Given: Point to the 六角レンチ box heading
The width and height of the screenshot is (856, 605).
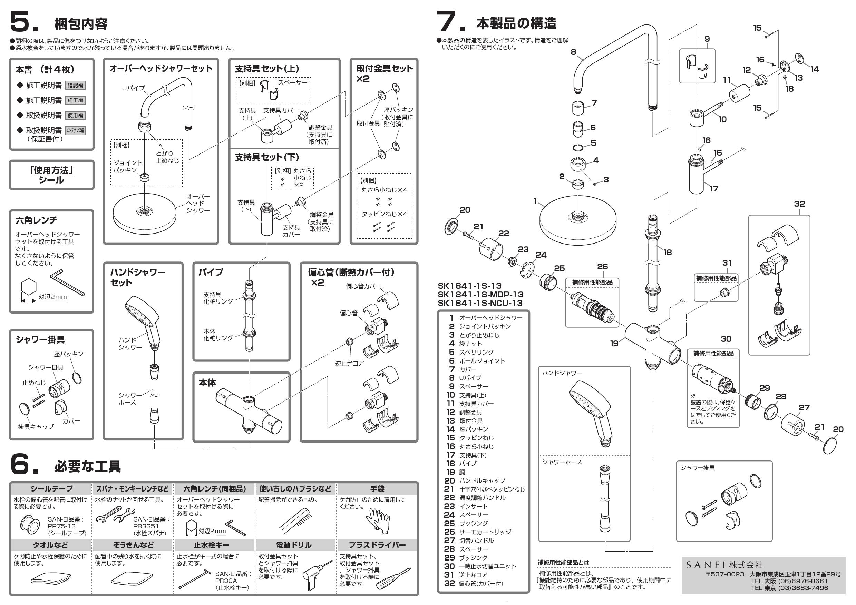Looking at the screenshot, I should pyautogui.click(x=37, y=220).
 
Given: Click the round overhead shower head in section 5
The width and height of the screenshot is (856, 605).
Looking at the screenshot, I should pyautogui.click(x=145, y=211).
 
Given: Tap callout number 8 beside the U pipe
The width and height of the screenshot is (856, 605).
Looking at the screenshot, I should pyautogui.click(x=573, y=52).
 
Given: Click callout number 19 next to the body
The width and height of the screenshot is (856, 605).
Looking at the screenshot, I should pyautogui.click(x=614, y=344).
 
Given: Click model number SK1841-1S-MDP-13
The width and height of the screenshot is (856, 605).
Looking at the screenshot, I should pyautogui.click(x=480, y=294).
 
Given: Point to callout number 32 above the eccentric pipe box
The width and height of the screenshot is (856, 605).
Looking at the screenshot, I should pyautogui.click(x=799, y=204).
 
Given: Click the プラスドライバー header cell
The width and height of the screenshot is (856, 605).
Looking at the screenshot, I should pyautogui.click(x=377, y=545).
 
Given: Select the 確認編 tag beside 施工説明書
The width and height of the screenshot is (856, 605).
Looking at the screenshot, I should pyautogui.click(x=75, y=85).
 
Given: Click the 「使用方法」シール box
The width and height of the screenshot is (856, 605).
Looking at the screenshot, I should pyautogui.click(x=51, y=175).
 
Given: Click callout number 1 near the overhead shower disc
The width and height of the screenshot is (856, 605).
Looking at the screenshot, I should pyautogui.click(x=535, y=201).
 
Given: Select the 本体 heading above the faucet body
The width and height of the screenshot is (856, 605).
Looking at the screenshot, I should pyautogui.click(x=207, y=383).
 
